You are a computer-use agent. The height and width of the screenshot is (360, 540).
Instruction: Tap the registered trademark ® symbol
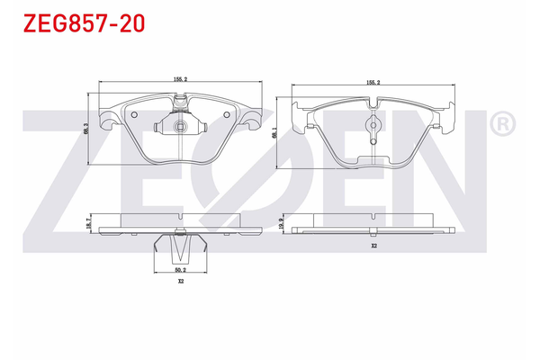click(502, 123)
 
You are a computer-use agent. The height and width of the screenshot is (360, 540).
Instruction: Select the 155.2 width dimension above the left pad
click(180, 79)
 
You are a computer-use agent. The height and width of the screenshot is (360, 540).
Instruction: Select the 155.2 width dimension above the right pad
click(373, 82)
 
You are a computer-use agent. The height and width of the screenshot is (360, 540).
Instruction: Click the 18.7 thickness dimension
click(86, 225)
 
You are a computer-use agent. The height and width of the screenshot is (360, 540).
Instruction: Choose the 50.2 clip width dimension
click(180, 269)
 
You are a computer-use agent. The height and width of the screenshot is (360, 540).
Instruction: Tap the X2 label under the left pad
click(180, 282)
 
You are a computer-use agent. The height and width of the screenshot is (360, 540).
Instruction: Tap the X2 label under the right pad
click(373, 246)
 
